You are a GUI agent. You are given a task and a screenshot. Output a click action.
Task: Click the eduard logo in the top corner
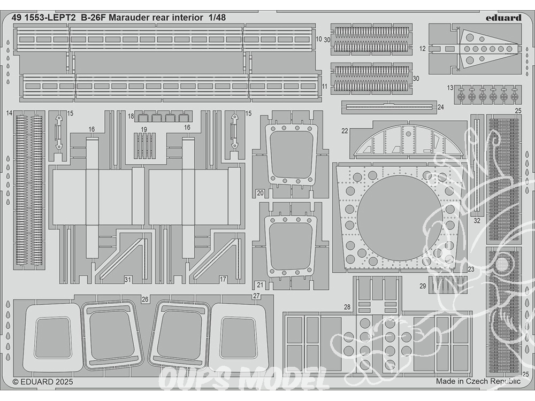pos(504,17)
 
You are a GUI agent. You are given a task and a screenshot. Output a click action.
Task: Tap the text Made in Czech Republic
pos(478,381)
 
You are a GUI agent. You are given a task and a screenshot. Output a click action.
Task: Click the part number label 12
pos(423,48)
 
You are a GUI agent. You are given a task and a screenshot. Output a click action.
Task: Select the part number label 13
pos(450,88)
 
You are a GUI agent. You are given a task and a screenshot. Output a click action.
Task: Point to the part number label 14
pos(9,113)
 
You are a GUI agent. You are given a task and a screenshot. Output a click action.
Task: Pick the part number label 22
pos(345,130)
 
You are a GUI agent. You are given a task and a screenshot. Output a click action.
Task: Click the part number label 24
pos(440,107)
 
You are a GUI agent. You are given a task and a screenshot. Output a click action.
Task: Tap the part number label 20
pos(259,192)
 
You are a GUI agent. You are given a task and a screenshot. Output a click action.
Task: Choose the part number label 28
pos(347,307)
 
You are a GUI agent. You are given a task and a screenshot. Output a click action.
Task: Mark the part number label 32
pos(477,220)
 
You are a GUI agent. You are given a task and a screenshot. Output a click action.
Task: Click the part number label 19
pos(144,129)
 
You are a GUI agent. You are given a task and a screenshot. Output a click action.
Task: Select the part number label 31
pos(127,279)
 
